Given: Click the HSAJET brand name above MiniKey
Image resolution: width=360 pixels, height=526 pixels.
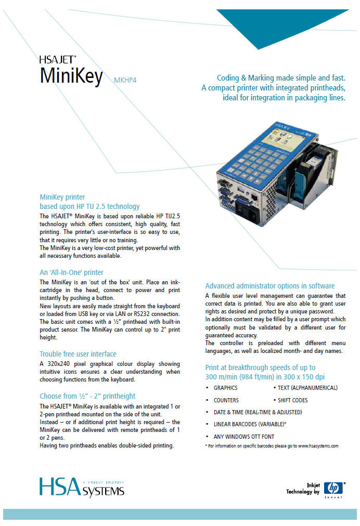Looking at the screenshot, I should (x=58, y=60).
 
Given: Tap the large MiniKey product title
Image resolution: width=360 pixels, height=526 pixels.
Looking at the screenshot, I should (x=71, y=75).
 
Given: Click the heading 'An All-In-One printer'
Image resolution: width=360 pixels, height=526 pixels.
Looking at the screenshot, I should (x=71, y=272).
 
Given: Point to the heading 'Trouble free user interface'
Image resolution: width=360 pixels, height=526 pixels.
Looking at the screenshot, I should (x=78, y=354).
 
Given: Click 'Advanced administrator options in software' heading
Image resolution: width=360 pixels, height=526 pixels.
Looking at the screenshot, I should (x=269, y=286).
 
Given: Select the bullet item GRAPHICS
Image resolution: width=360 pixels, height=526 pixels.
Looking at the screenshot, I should (x=225, y=388).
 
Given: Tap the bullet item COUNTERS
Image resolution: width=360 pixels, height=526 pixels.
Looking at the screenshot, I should (x=226, y=400).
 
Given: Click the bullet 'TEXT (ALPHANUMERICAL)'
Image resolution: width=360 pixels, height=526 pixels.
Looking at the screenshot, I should (x=307, y=388).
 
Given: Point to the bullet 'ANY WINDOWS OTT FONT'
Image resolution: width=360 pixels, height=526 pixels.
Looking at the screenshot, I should (x=243, y=437).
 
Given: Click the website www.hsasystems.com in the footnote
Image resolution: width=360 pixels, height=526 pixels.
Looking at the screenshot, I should (x=318, y=446).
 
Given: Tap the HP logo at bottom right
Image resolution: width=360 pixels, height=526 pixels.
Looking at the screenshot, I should (x=333, y=488).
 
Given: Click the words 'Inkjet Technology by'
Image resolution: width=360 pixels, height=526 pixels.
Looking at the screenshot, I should (x=303, y=489).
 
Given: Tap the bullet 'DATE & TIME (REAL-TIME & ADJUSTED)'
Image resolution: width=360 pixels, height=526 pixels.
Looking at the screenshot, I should (x=258, y=412).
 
